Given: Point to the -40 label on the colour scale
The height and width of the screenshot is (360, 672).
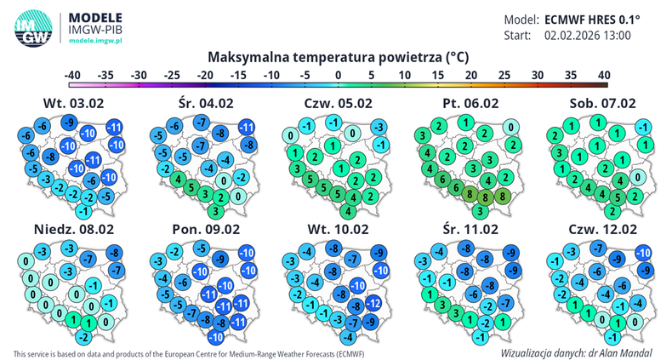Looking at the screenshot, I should (x=72, y=76).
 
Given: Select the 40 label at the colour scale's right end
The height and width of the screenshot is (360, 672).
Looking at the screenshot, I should (x=603, y=76).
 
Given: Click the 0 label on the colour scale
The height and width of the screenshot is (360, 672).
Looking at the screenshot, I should (x=338, y=76).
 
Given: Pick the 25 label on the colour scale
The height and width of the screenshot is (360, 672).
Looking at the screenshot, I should (x=504, y=76).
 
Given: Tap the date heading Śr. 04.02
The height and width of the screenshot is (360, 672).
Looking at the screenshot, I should (x=203, y=104).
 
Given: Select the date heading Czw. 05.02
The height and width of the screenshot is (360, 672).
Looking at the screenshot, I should (x=338, y=104).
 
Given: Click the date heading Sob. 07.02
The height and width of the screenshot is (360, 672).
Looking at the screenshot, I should (x=604, y=104).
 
